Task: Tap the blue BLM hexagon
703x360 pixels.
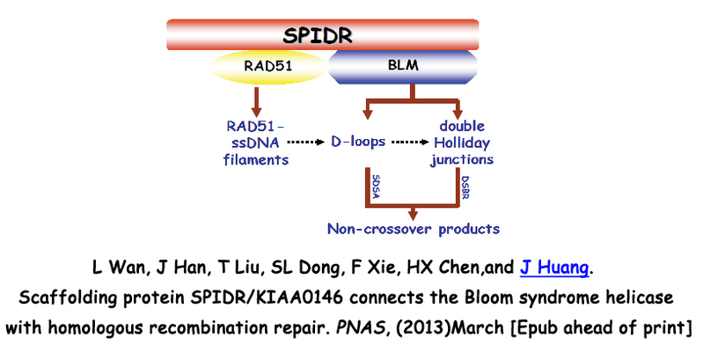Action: point(404,65)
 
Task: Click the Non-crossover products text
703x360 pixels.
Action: point(413,229)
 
